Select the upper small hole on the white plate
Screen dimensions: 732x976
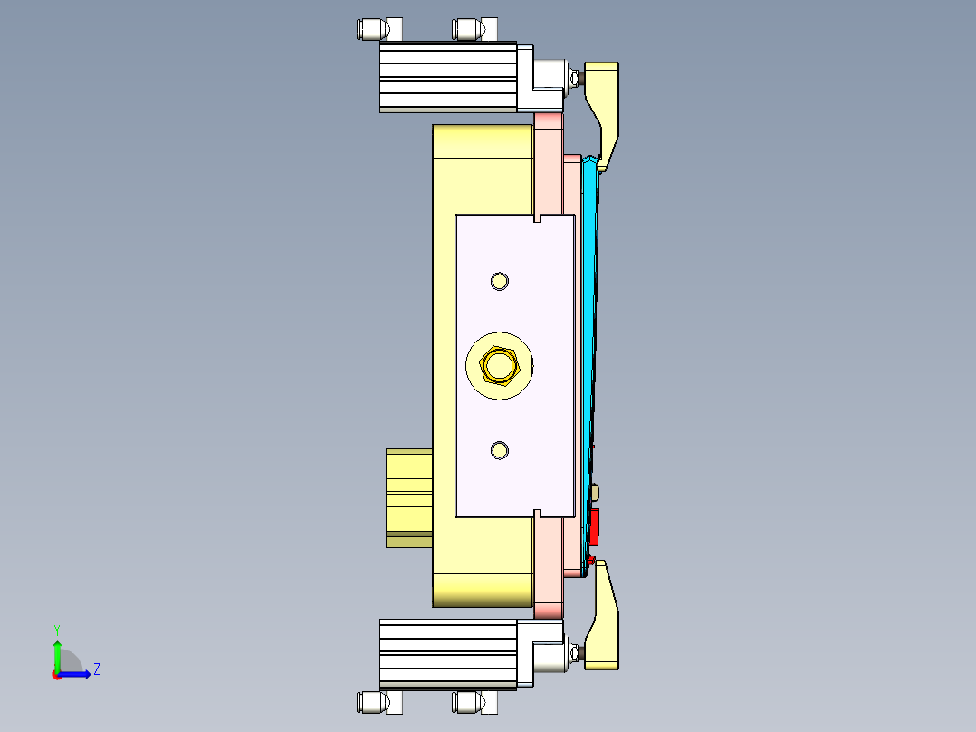click(499, 281)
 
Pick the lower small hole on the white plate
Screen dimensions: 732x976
click(499, 450)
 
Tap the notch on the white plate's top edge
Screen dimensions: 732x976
click(538, 218)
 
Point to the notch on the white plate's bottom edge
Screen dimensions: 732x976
click(538, 514)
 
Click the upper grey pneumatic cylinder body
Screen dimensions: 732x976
click(447, 77)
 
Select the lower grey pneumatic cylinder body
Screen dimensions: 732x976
click(447, 654)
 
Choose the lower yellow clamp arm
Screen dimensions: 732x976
click(605, 625)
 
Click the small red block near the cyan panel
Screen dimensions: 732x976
click(594, 526)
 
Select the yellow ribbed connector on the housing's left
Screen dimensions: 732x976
click(408, 496)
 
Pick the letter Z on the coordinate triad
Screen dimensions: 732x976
click(96, 669)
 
